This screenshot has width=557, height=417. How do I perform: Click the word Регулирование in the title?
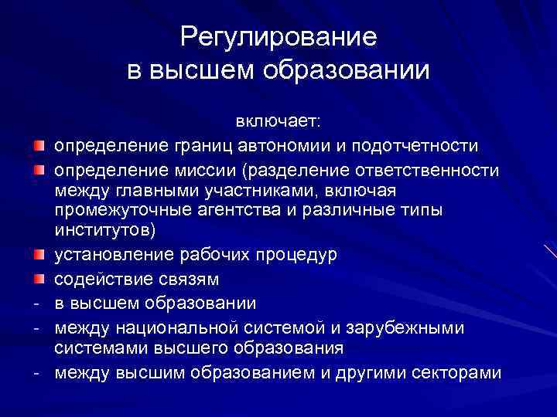point(278,37)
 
